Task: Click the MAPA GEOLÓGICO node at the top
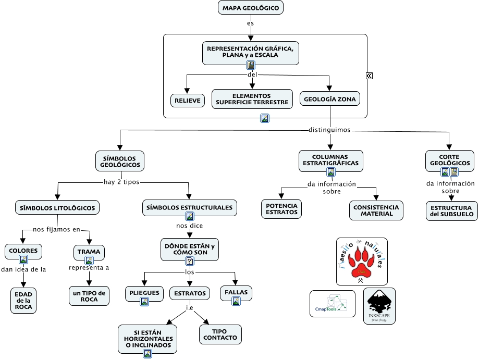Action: (251, 8)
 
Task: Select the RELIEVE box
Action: (188, 101)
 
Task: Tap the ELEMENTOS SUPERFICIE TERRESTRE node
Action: (252, 99)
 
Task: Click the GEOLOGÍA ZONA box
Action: (329, 99)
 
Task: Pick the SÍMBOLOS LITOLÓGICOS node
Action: (57, 207)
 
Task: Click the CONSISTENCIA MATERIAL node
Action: (376, 210)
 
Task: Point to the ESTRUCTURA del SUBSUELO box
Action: (451, 211)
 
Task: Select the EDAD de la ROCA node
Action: (24, 300)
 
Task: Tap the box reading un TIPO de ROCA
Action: (89, 296)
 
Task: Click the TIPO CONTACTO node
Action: (220, 334)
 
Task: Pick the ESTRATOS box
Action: (190, 293)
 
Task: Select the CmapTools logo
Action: (333, 304)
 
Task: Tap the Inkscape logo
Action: (379, 306)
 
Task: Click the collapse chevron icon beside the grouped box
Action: (369, 76)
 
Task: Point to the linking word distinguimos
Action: (329, 129)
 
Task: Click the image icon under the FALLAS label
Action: (236, 301)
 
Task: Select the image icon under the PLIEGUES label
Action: (144, 301)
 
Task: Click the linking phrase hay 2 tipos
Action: (121, 182)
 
